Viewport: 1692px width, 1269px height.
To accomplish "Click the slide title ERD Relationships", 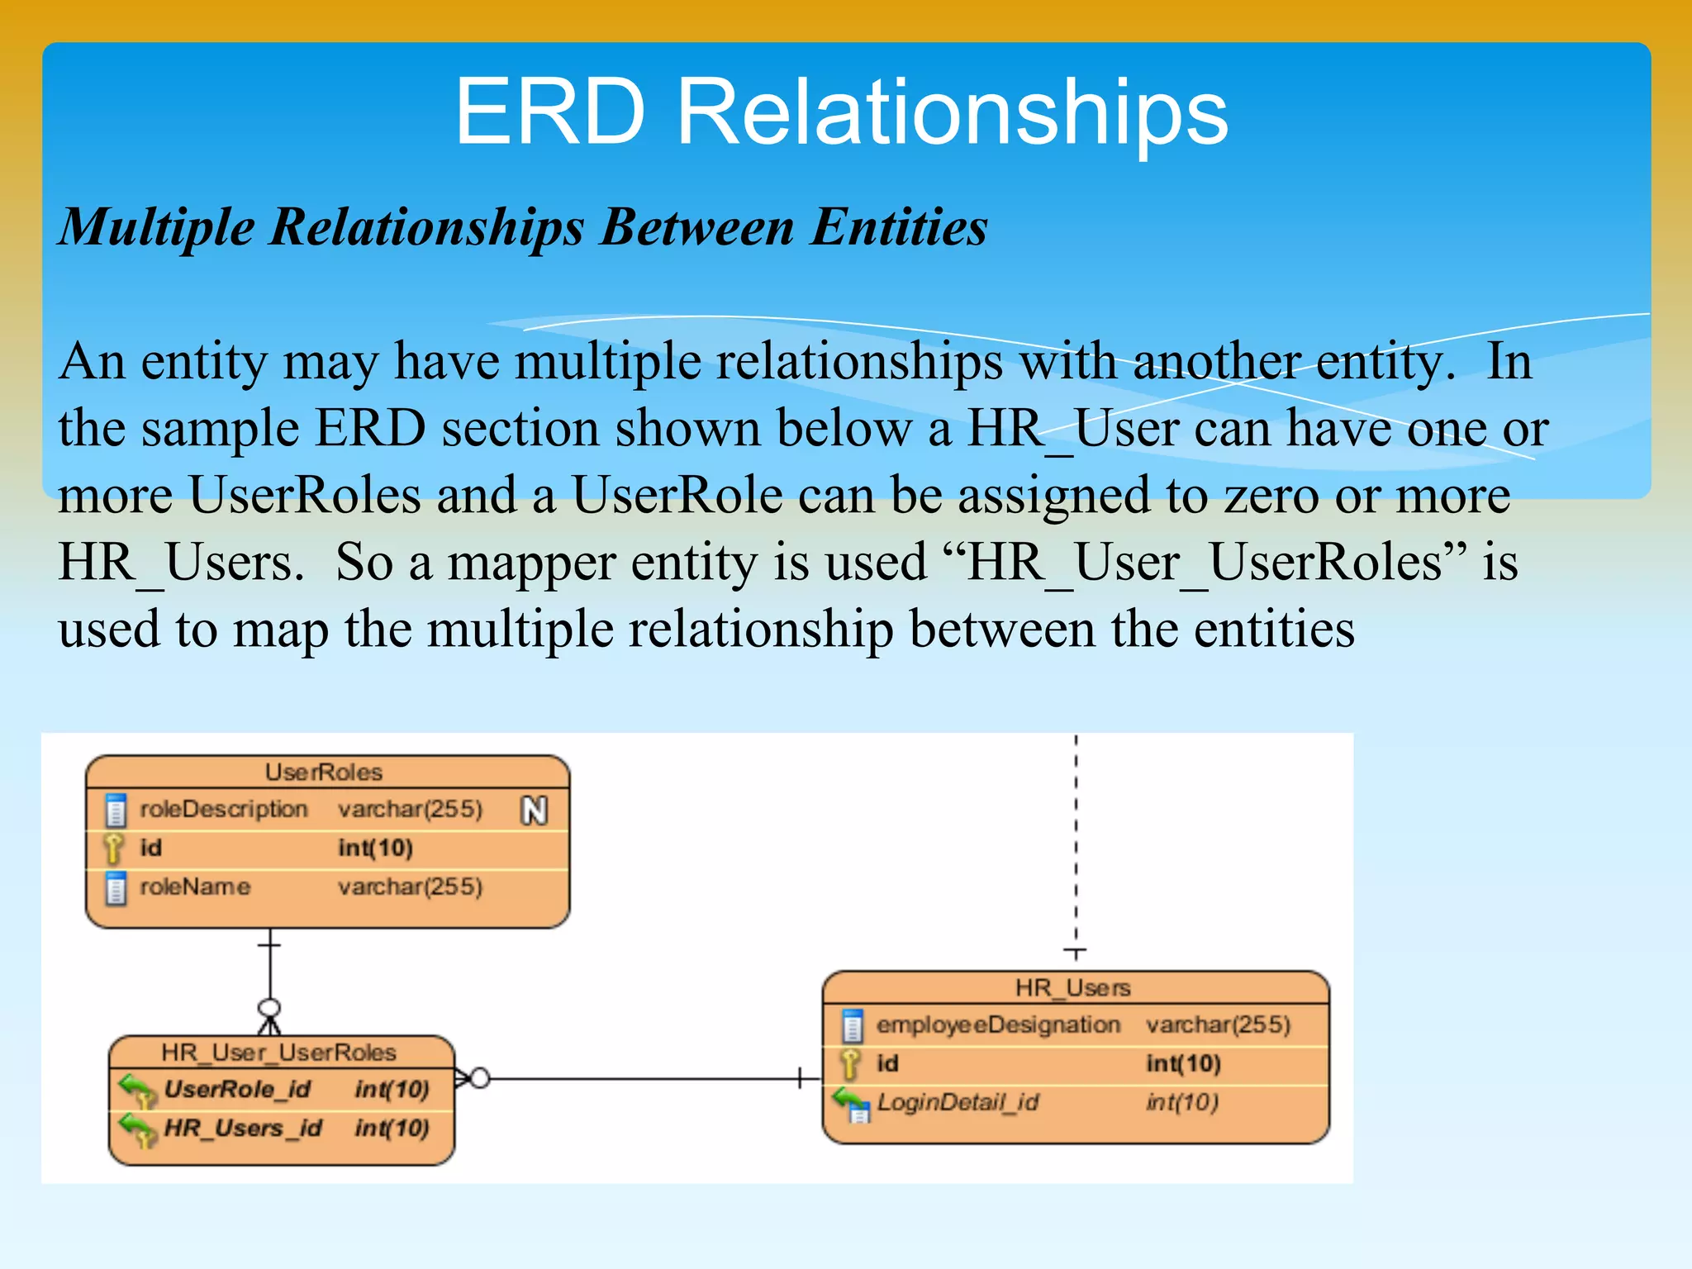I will pyautogui.click(x=841, y=112).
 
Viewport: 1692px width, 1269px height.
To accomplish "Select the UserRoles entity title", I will pyautogui.click(x=324, y=772).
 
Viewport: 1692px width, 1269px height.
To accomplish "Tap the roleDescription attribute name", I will pyautogui.click(x=223, y=809).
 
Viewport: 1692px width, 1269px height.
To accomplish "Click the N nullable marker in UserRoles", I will pyautogui.click(x=535, y=810).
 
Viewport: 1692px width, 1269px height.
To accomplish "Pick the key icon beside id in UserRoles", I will pyautogui.click(x=114, y=848).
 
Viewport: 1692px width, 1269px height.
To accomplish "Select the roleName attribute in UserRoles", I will pyautogui.click(x=195, y=886).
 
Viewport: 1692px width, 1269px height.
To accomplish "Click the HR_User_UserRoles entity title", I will pyautogui.click(x=278, y=1052).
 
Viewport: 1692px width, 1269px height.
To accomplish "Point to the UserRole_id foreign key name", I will pyautogui.click(x=237, y=1089).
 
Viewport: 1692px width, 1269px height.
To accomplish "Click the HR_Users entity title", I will pyautogui.click(x=1072, y=987).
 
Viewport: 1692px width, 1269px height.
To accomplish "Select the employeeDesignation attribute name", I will pyautogui.click(x=998, y=1024).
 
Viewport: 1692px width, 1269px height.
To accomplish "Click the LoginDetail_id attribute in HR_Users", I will pyautogui.click(x=958, y=1102).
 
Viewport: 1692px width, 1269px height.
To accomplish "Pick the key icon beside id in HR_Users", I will pyautogui.click(x=850, y=1063).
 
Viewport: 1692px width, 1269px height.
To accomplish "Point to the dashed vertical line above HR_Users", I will pyautogui.click(x=1076, y=843).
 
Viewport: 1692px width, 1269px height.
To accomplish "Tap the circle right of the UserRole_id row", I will pyautogui.click(x=480, y=1078).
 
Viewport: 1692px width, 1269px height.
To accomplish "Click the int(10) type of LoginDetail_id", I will pyautogui.click(x=1182, y=1102).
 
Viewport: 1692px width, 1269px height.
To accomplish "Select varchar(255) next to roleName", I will pyautogui.click(x=410, y=886).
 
